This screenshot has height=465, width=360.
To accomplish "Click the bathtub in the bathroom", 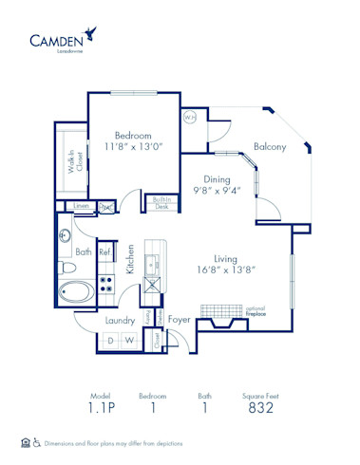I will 77,291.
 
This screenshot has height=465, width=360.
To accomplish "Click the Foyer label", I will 180,321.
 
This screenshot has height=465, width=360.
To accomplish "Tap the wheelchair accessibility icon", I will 38,442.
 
